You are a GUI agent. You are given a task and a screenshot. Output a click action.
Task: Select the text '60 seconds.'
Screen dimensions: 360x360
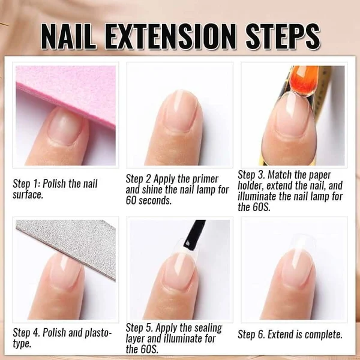149,200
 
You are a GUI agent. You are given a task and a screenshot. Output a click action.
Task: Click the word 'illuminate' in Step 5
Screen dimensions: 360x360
187,338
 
